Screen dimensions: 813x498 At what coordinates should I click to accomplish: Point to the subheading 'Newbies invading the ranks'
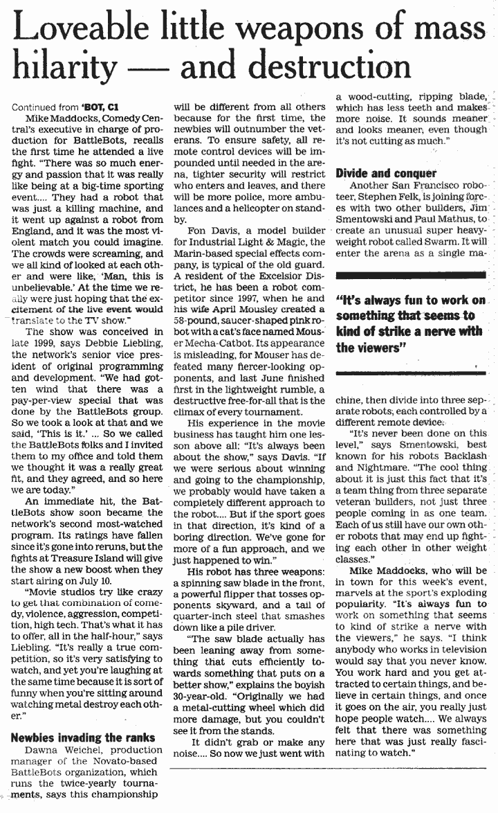82,738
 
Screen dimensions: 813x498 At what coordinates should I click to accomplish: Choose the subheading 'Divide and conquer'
385,173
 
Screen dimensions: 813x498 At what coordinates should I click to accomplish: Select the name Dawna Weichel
56,750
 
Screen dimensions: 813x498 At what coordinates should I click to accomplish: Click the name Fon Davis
209,229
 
